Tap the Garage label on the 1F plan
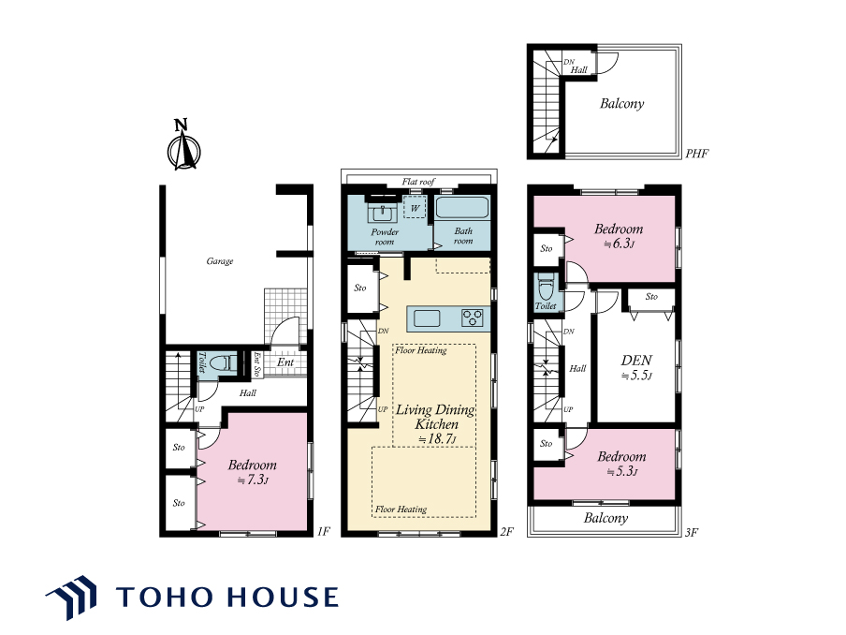220,261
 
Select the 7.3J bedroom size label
253,480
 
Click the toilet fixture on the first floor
223,362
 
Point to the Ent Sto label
256,364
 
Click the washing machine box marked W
415,207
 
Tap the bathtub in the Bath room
462,208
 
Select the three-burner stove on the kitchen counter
472,318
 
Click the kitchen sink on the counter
426,318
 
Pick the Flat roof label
418,182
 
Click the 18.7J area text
437,439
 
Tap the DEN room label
636,361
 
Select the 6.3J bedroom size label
619,244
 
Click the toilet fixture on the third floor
546,287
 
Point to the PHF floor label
696,154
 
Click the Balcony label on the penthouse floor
622,103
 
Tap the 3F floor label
692,532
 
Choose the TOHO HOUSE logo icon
72,597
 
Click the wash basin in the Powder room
383,213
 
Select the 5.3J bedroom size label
622,471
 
